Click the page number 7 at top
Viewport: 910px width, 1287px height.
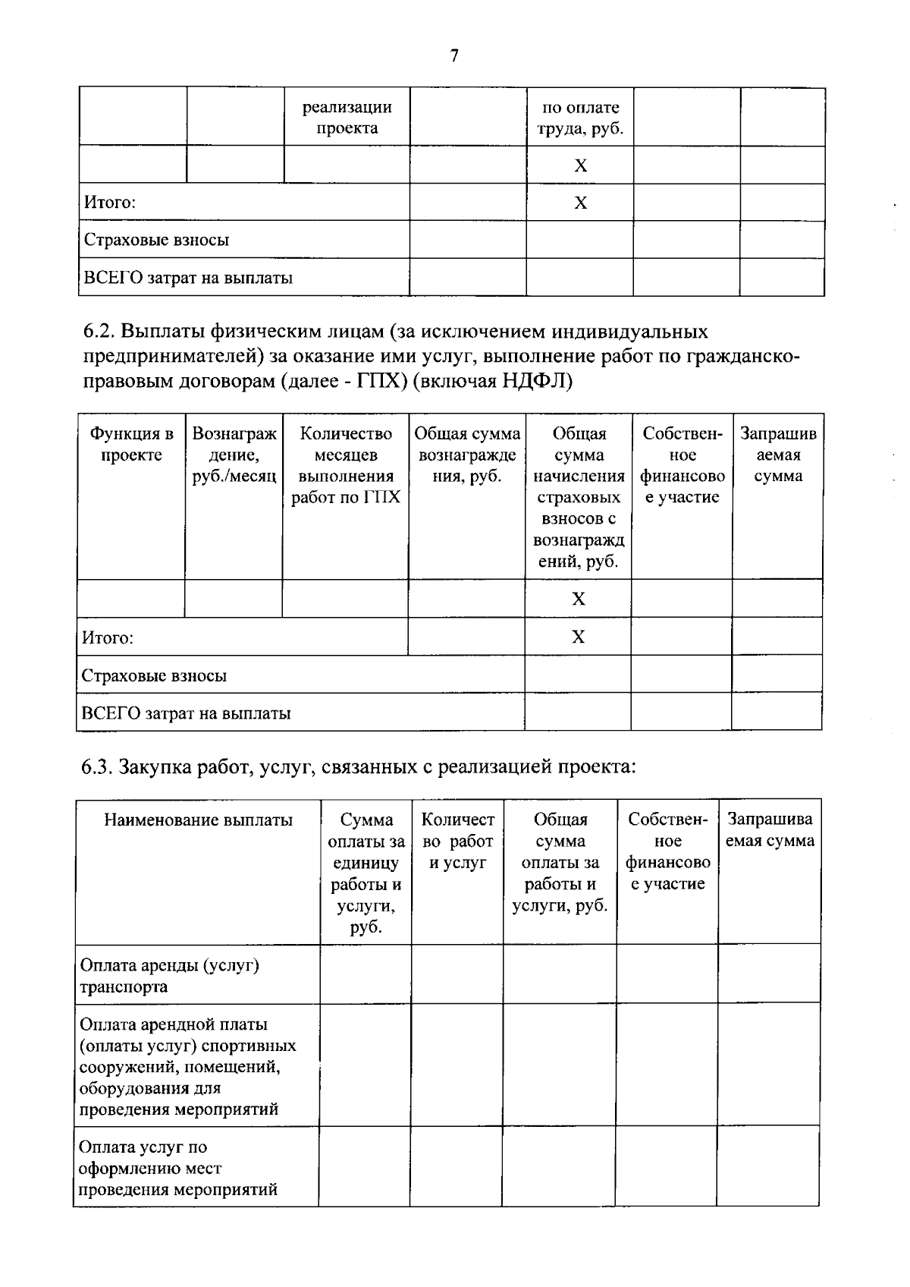click(454, 56)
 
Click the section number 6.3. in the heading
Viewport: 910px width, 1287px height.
click(98, 767)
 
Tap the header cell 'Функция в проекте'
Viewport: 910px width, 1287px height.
click(131, 445)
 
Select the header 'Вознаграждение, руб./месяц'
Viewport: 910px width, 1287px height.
click(234, 455)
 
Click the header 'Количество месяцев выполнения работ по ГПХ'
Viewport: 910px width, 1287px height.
click(346, 466)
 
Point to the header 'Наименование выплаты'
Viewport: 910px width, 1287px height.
click(198, 820)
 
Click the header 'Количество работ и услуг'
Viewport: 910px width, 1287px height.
click(457, 841)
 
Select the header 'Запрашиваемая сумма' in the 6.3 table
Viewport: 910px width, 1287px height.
click(770, 830)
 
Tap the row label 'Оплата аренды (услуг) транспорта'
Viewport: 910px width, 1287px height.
click(169, 976)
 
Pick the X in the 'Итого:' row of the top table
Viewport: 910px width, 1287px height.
click(580, 203)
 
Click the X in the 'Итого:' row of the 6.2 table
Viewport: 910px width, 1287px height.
click(578, 637)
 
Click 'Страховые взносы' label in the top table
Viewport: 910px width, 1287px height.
click(156, 241)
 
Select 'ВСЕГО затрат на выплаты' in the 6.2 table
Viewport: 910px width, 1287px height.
click(186, 713)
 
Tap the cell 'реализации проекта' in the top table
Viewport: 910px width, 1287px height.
click(347, 118)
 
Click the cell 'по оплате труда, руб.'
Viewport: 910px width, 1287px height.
click(580, 118)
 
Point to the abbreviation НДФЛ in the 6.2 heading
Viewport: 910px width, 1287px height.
click(533, 381)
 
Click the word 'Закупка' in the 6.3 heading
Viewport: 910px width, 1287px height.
click(156, 767)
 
